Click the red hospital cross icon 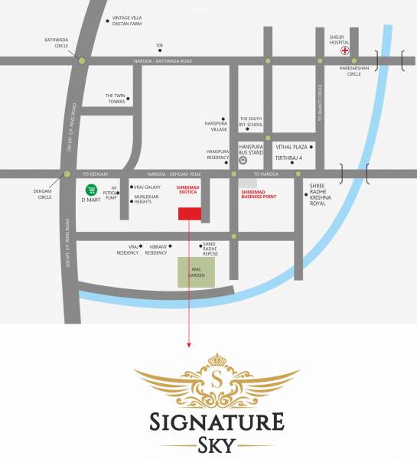coord(345,52)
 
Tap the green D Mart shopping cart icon coord(90,189)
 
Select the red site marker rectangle coord(188,213)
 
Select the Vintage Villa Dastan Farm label coord(127,21)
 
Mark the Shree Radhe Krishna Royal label coord(325,197)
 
